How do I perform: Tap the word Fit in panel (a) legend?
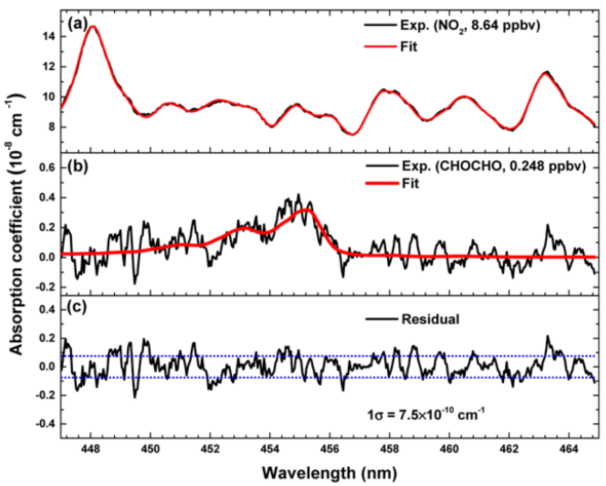[x=409, y=47]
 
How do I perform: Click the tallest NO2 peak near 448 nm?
[x=93, y=26]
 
